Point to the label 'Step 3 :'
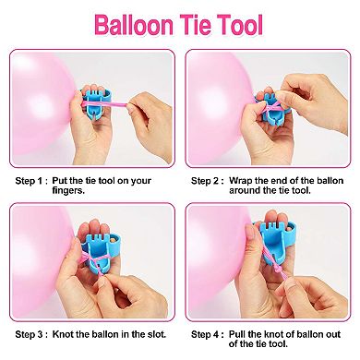coord(31,330)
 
